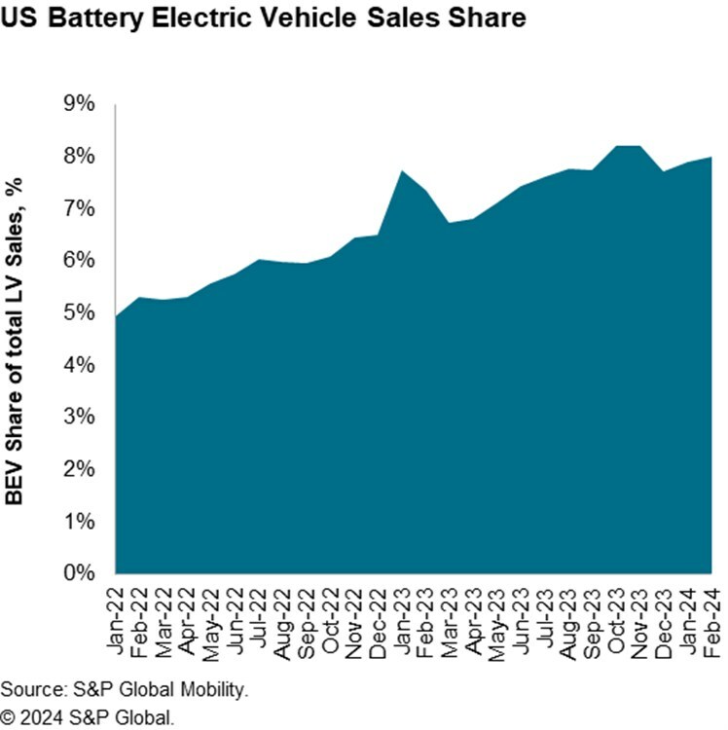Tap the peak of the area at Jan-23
click(402, 171)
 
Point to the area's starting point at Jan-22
click(117, 316)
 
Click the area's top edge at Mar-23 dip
click(450, 223)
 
